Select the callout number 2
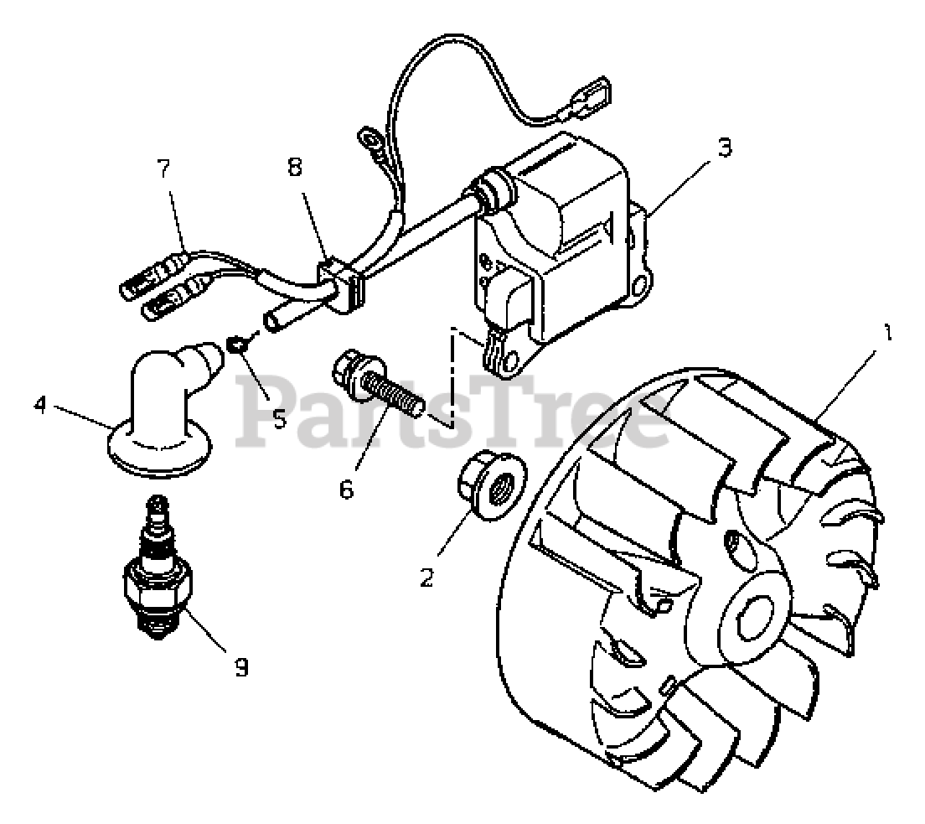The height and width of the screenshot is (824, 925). pyautogui.click(x=427, y=578)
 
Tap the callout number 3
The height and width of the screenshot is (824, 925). pyautogui.click(x=725, y=148)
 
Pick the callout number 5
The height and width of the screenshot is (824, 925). pyautogui.click(x=279, y=417)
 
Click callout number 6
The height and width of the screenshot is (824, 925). pyautogui.click(x=347, y=488)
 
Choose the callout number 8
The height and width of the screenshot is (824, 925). pyautogui.click(x=295, y=167)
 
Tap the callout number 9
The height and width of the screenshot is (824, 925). pyautogui.click(x=240, y=667)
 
